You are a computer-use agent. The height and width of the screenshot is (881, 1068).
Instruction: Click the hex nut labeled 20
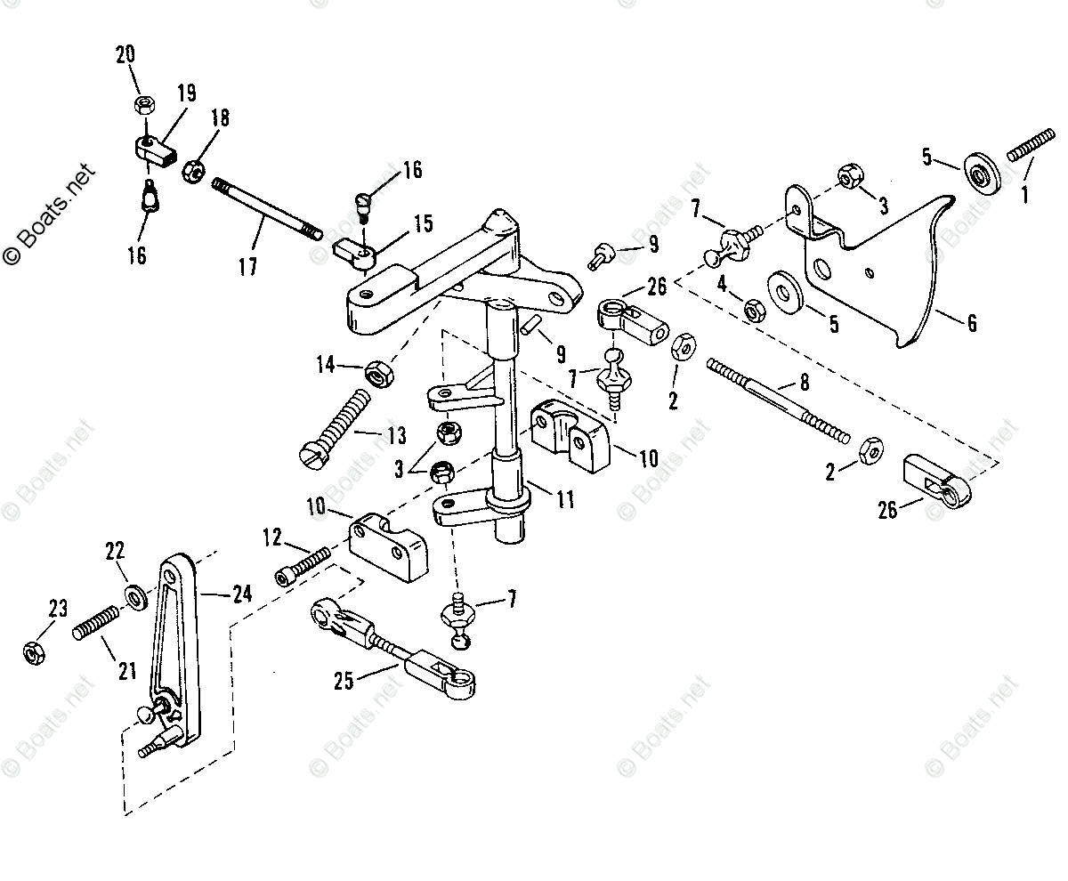142,105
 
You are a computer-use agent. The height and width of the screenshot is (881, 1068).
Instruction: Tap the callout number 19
185,93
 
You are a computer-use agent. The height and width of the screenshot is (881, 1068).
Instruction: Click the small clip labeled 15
357,253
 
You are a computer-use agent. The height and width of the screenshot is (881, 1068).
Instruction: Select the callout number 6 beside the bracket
971,322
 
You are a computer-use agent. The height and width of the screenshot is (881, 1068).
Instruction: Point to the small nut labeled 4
753,311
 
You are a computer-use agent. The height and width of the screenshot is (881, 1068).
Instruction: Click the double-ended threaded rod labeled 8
778,395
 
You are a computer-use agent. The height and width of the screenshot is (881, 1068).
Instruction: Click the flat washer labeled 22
137,594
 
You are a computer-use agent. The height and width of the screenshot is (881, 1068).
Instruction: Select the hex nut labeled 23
33,653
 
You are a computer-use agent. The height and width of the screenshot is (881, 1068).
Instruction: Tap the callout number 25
344,681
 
